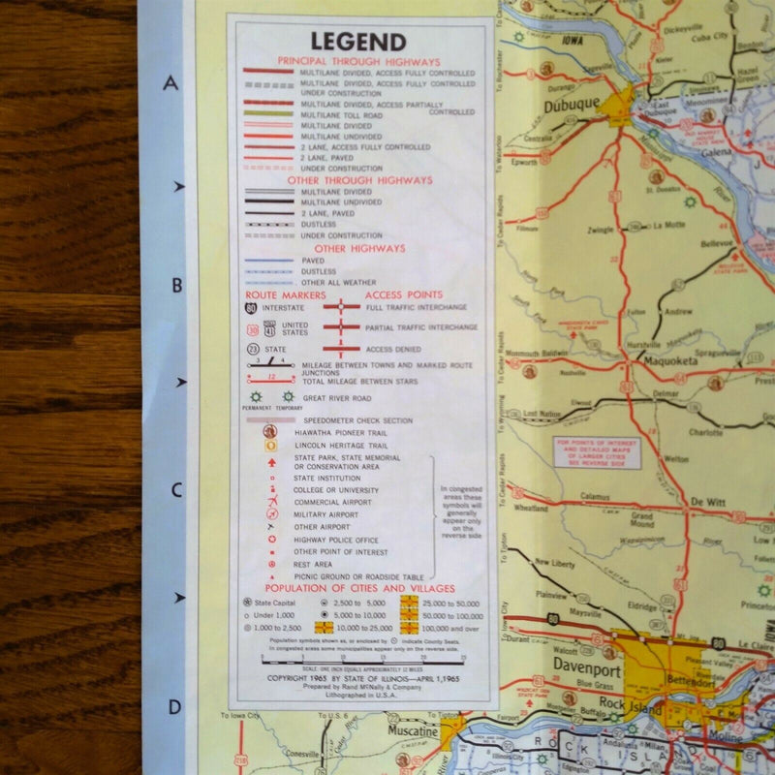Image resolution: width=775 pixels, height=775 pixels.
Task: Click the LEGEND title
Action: pyautogui.click(x=357, y=42)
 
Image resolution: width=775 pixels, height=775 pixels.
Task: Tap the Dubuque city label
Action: pyautogui.click(x=572, y=107)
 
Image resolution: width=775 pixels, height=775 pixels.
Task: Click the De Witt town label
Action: pyautogui.click(x=708, y=502)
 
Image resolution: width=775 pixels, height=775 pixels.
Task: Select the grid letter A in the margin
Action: pyautogui.click(x=171, y=83)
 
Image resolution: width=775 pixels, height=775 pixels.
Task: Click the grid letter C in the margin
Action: pyautogui.click(x=175, y=490)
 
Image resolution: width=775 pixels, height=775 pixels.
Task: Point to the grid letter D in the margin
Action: pyautogui.click(x=174, y=706)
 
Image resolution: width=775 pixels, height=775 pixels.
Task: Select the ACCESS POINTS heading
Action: pyautogui.click(x=404, y=294)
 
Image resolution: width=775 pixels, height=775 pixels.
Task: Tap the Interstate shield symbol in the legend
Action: pyautogui.click(x=253, y=308)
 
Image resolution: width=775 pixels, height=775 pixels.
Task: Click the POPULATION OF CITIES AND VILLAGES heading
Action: pyautogui.click(x=358, y=588)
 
